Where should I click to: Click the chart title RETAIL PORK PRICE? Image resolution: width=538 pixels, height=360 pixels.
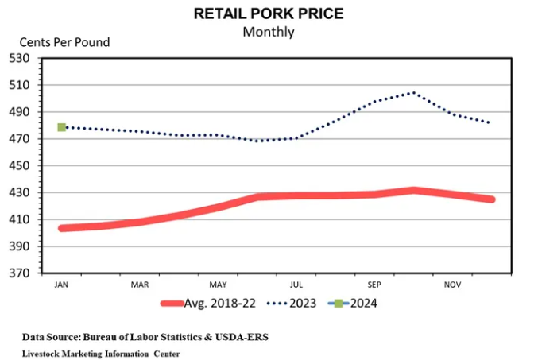pyautogui.click(x=268, y=14)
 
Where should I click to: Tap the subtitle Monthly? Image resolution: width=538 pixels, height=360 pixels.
pyautogui.click(x=268, y=32)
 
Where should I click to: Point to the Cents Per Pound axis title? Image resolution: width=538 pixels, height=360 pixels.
pyautogui.click(x=64, y=42)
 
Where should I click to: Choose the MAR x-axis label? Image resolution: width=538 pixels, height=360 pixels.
pyautogui.click(x=139, y=284)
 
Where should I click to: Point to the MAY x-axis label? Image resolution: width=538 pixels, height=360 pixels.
pyautogui.click(x=218, y=284)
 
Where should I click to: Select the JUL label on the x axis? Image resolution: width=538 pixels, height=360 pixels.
pyautogui.click(x=296, y=284)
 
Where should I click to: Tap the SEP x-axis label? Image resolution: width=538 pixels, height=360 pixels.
pyautogui.click(x=374, y=284)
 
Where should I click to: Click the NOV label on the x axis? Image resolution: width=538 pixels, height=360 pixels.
pyautogui.click(x=452, y=284)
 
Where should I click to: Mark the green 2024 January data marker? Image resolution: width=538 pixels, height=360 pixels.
pyautogui.click(x=61, y=127)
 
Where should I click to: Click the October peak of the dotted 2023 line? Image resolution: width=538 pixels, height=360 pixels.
pyautogui.click(x=412, y=92)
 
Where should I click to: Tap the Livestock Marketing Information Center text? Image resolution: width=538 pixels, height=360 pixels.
pyautogui.click(x=100, y=353)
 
